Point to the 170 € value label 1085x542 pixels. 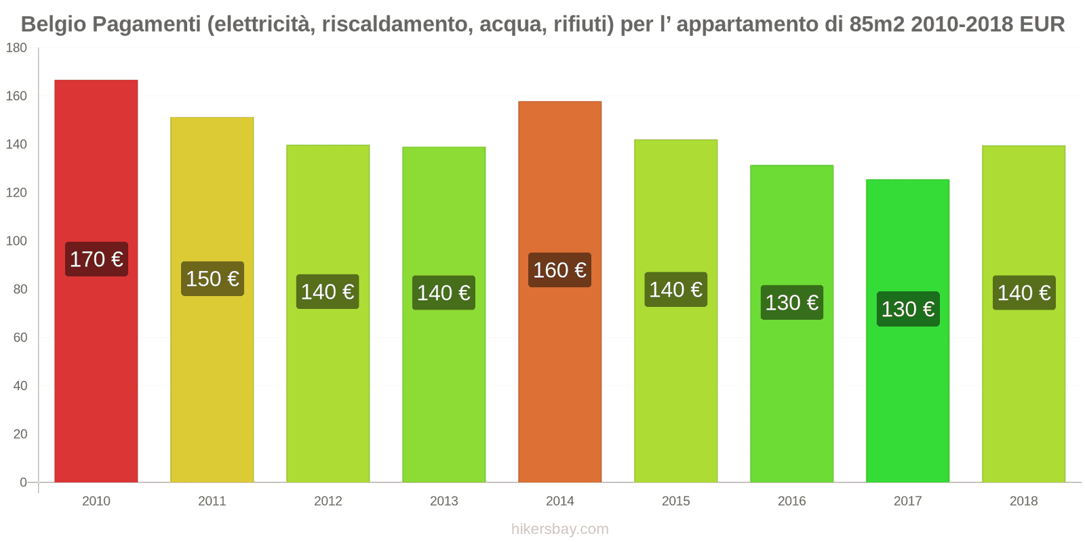tap(96, 259)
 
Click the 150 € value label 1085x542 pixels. tap(212, 278)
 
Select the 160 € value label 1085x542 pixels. tap(560, 270)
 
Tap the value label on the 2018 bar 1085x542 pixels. tap(1024, 293)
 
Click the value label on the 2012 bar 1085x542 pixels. tap(328, 292)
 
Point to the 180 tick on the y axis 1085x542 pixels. tap(16, 47)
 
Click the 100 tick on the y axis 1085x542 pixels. tap(16, 241)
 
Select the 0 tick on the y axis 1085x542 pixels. tap(23, 482)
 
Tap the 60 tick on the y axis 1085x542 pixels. tap(20, 337)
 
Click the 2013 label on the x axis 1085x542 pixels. tap(444, 501)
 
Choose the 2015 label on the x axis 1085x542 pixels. tap(676, 501)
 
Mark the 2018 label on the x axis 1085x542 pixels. tap(1023, 501)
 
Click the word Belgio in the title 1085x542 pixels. tap(54, 24)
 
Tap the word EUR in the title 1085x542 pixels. tap(1043, 24)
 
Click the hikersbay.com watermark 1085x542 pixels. tap(560, 529)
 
